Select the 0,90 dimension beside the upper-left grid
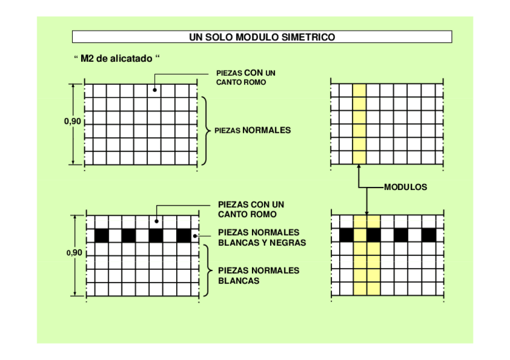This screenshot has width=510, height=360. (x=72, y=121)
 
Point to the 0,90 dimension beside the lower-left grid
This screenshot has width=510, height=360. (x=73, y=253)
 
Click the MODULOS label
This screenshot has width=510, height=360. (x=406, y=188)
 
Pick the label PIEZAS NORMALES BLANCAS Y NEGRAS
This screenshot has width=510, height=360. (x=262, y=238)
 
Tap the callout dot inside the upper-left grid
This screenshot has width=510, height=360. (x=155, y=90)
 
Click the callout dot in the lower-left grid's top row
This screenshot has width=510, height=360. (x=157, y=221)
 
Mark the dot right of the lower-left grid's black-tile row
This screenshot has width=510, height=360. (x=195, y=236)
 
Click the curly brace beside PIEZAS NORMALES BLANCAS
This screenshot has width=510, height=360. (x=208, y=270)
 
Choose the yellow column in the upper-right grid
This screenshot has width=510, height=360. (x=359, y=124)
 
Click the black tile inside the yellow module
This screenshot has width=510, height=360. (x=373, y=235)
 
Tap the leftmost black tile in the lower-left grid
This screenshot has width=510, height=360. (x=101, y=236)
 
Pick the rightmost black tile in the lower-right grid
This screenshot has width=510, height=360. (x=428, y=235)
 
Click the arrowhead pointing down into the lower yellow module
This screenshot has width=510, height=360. (x=366, y=212)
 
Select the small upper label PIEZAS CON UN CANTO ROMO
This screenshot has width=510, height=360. (x=245, y=78)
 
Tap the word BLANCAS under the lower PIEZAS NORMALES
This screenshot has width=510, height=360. (x=239, y=281)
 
